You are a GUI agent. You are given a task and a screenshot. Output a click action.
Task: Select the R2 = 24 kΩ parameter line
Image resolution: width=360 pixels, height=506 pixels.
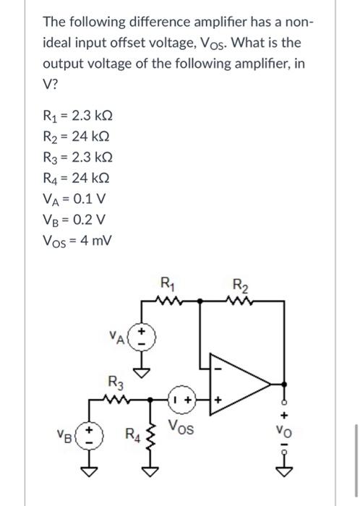(x=74, y=138)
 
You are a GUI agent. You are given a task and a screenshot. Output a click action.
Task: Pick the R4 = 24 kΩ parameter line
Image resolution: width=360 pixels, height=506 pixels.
(x=74, y=178)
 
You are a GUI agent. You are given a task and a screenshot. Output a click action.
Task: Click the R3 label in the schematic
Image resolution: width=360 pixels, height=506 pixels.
(x=115, y=382)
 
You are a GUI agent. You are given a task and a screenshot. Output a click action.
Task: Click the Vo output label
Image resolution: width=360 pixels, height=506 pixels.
(x=283, y=435)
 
